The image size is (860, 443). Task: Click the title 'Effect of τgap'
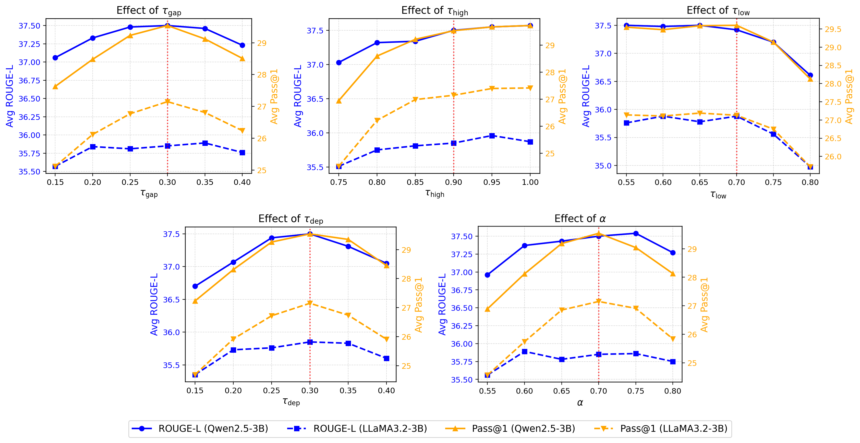[x=149, y=11]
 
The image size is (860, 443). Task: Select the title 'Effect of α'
[x=580, y=219]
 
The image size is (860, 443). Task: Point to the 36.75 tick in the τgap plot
[x=29, y=81]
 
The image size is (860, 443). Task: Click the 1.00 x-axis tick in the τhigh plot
[x=530, y=182]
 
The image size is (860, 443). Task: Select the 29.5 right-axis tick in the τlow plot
[x=833, y=29]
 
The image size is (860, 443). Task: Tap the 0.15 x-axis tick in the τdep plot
[x=195, y=391]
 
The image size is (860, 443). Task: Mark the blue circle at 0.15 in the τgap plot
[x=55, y=58]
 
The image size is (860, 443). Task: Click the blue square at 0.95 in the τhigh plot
[x=492, y=136]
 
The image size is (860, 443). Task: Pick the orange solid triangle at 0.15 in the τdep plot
[x=195, y=301]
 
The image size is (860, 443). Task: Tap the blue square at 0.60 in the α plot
[x=525, y=352]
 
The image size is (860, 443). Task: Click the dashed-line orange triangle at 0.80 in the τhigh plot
[x=377, y=120]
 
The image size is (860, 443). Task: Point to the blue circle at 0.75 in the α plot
[x=636, y=234]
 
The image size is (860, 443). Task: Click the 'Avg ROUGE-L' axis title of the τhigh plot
[x=298, y=96]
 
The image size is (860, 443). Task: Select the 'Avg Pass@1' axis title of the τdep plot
[x=419, y=305]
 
